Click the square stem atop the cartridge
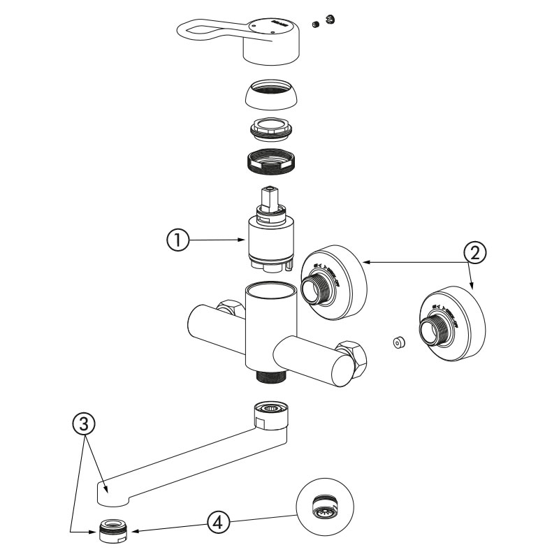(x=268, y=196)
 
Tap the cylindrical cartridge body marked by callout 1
(x=270, y=241)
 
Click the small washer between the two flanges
(x=398, y=342)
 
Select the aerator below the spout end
(x=112, y=532)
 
